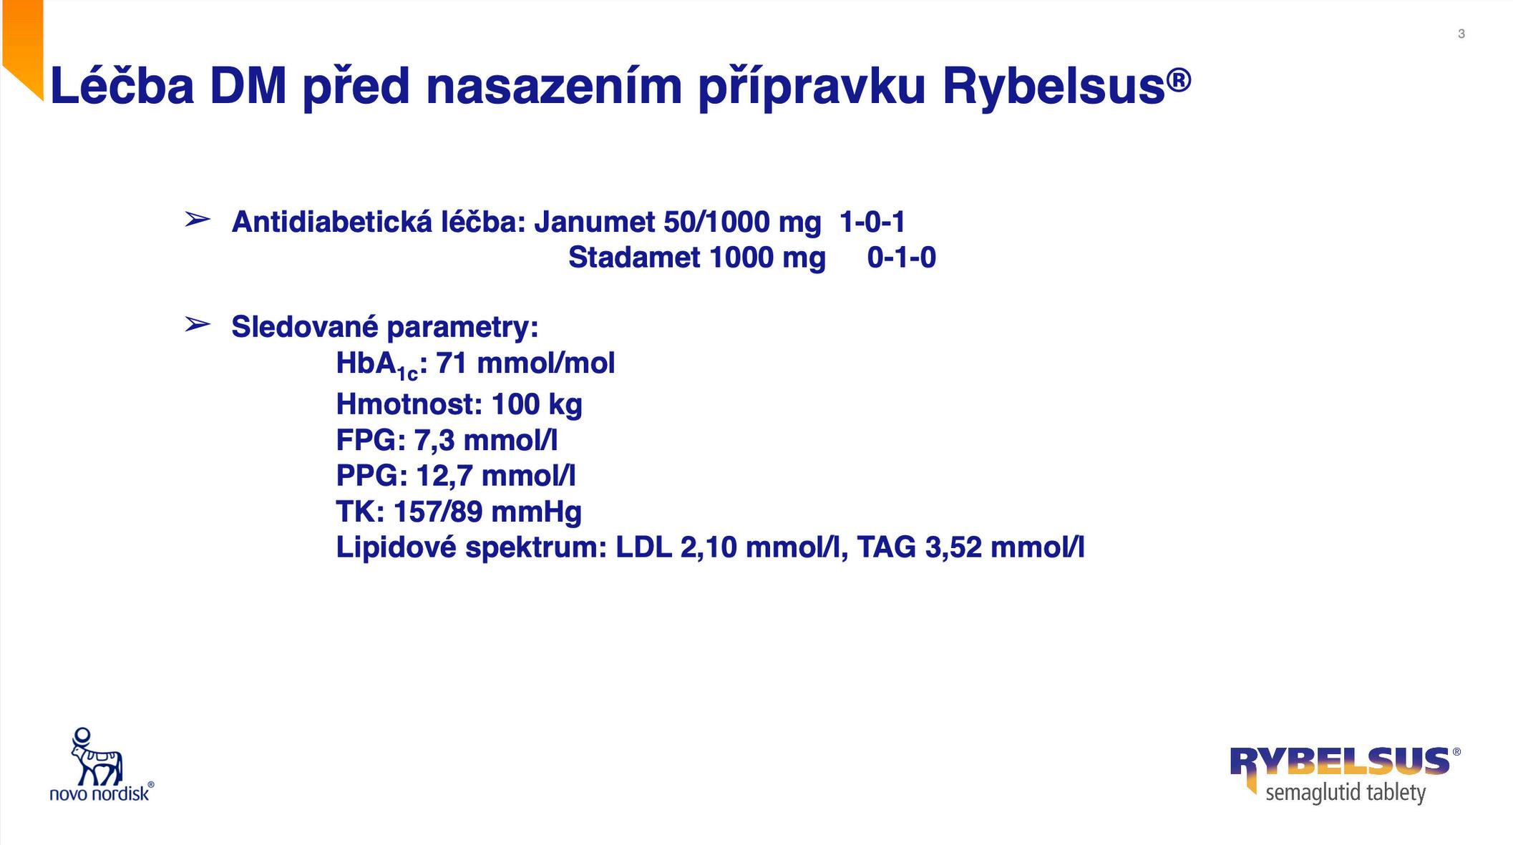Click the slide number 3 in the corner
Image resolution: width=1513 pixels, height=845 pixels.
point(1461,34)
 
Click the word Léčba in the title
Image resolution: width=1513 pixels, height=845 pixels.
point(122,85)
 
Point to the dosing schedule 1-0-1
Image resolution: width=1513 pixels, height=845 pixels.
point(872,222)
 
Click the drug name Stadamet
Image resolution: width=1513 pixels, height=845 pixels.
point(634,257)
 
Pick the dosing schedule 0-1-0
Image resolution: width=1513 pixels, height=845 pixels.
point(901,257)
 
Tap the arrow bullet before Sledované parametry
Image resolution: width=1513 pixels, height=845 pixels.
point(198,324)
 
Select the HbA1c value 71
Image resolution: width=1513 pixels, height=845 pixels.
point(451,363)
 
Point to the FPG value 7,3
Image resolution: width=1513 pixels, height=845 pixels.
point(434,440)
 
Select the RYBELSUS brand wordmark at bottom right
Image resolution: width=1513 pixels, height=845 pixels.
point(1339,761)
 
